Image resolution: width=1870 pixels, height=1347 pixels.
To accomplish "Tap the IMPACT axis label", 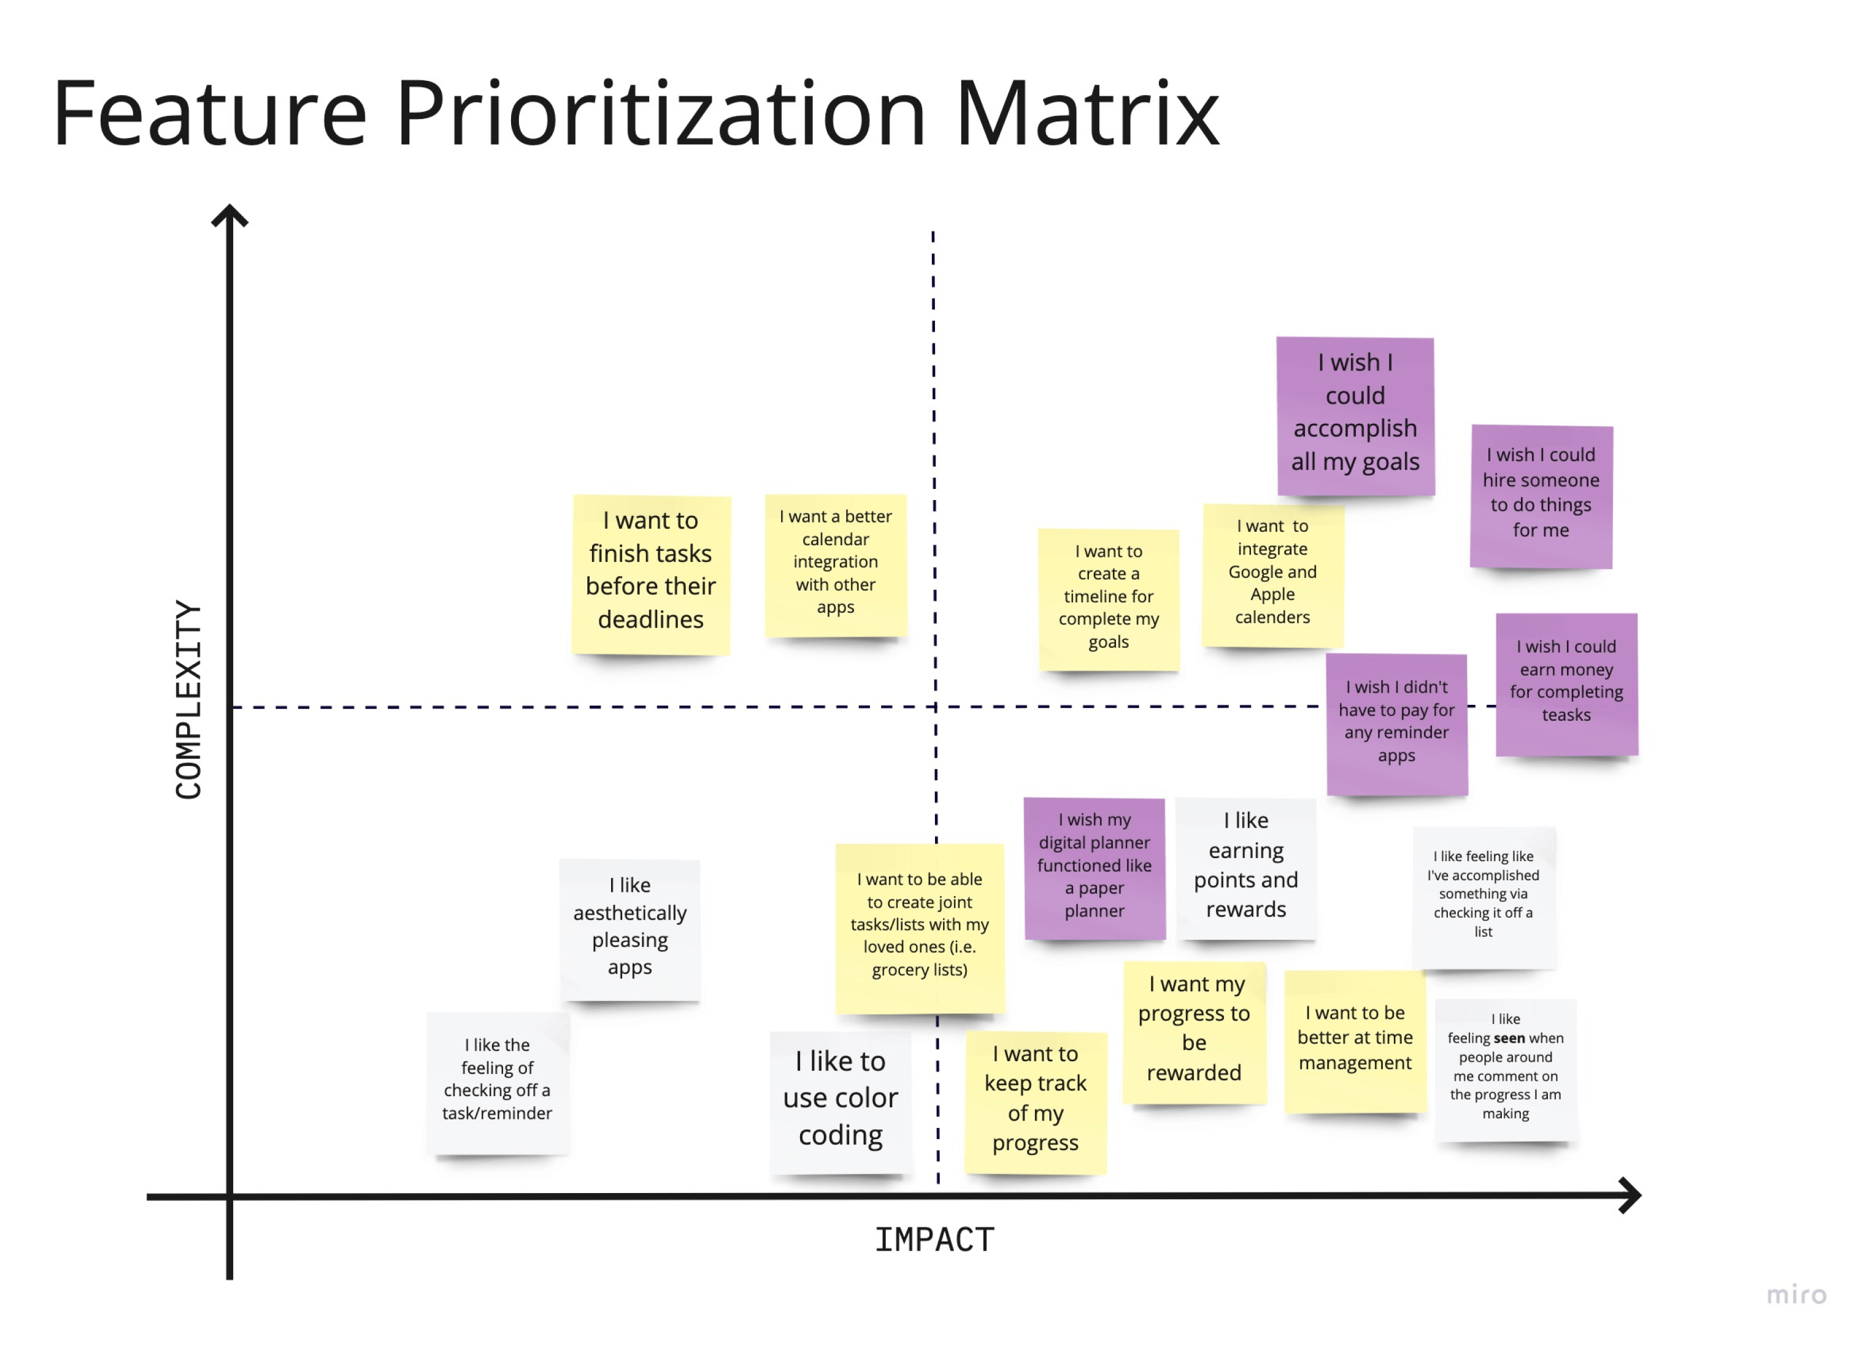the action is click(934, 1240).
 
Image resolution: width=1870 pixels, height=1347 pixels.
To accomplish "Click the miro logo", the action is click(1796, 1294).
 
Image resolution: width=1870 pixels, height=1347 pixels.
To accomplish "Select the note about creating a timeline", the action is click(1108, 599).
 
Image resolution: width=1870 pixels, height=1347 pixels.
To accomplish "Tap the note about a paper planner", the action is click(1094, 867).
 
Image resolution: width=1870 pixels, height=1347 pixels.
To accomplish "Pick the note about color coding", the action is click(840, 1100).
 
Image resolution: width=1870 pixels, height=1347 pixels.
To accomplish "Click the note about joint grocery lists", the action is click(919, 927).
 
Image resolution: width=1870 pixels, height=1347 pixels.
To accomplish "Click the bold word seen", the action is click(1509, 1038).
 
